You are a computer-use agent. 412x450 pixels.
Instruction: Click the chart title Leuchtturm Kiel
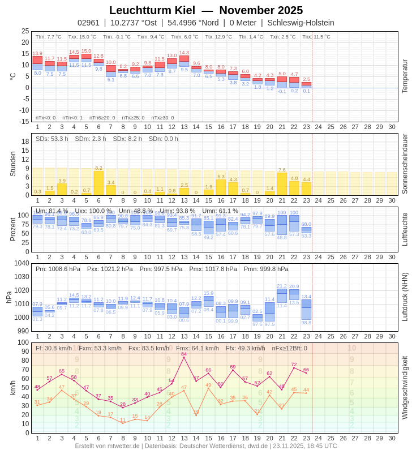point(152,10)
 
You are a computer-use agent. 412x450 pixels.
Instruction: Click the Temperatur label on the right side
point(405,76)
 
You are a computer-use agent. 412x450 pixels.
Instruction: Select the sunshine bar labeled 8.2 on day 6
point(98,183)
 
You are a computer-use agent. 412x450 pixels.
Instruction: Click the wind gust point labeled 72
point(294,368)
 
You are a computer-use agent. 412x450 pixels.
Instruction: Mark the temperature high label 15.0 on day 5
point(86,51)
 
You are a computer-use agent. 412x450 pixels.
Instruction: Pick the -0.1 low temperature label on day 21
point(282,91)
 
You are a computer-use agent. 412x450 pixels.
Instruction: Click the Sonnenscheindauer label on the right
point(405,164)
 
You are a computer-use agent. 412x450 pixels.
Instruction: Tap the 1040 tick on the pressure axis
point(22,263)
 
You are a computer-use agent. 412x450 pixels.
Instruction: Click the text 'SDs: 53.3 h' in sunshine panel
point(51,139)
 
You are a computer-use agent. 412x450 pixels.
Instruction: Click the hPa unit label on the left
point(9,297)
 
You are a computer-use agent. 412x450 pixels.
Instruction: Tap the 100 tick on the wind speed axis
point(23,342)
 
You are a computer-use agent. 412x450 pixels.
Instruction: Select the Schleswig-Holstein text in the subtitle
point(301,23)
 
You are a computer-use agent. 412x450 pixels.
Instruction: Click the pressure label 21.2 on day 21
point(282,286)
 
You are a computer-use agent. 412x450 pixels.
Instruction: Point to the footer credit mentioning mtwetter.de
point(205,445)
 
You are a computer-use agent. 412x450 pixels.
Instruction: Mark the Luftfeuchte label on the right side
point(405,229)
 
